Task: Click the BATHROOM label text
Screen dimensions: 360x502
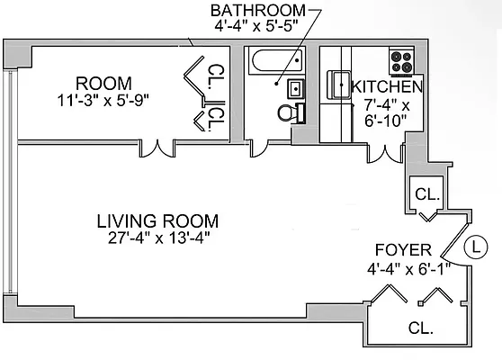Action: (257, 10)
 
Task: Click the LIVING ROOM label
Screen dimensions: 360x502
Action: (158, 220)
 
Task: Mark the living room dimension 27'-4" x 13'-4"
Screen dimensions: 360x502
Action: (158, 238)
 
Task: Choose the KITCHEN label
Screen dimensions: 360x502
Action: (386, 87)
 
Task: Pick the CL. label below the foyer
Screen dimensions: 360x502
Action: (420, 328)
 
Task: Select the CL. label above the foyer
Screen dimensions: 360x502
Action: (426, 193)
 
